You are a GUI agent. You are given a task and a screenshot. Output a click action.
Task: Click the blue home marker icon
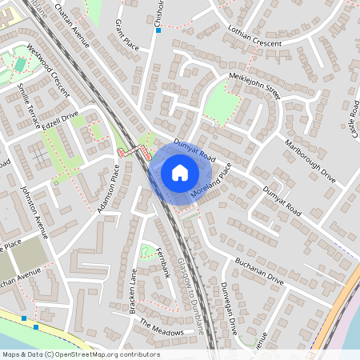pos(180,173)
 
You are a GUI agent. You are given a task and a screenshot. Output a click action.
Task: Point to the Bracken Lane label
pos(134,292)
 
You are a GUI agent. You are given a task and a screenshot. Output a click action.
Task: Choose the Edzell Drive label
pos(59,117)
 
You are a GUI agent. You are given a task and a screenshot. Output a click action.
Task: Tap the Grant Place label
pos(126,34)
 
